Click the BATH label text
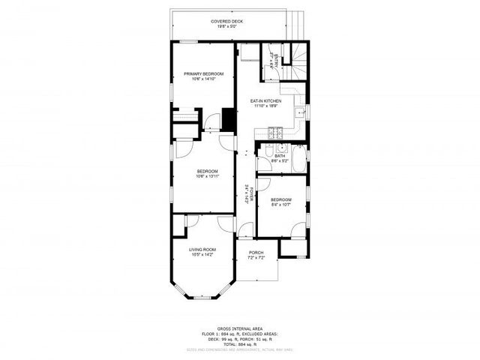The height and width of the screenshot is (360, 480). (x=280, y=155)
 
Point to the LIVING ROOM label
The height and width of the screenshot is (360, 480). (x=202, y=249)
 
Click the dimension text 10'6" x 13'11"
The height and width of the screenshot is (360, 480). (x=207, y=177)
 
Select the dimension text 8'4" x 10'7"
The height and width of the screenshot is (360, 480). (x=281, y=204)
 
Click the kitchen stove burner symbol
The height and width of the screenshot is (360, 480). (x=274, y=133)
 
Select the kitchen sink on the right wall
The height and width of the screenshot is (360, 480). (x=299, y=113)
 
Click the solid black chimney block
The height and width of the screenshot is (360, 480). (x=229, y=119)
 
